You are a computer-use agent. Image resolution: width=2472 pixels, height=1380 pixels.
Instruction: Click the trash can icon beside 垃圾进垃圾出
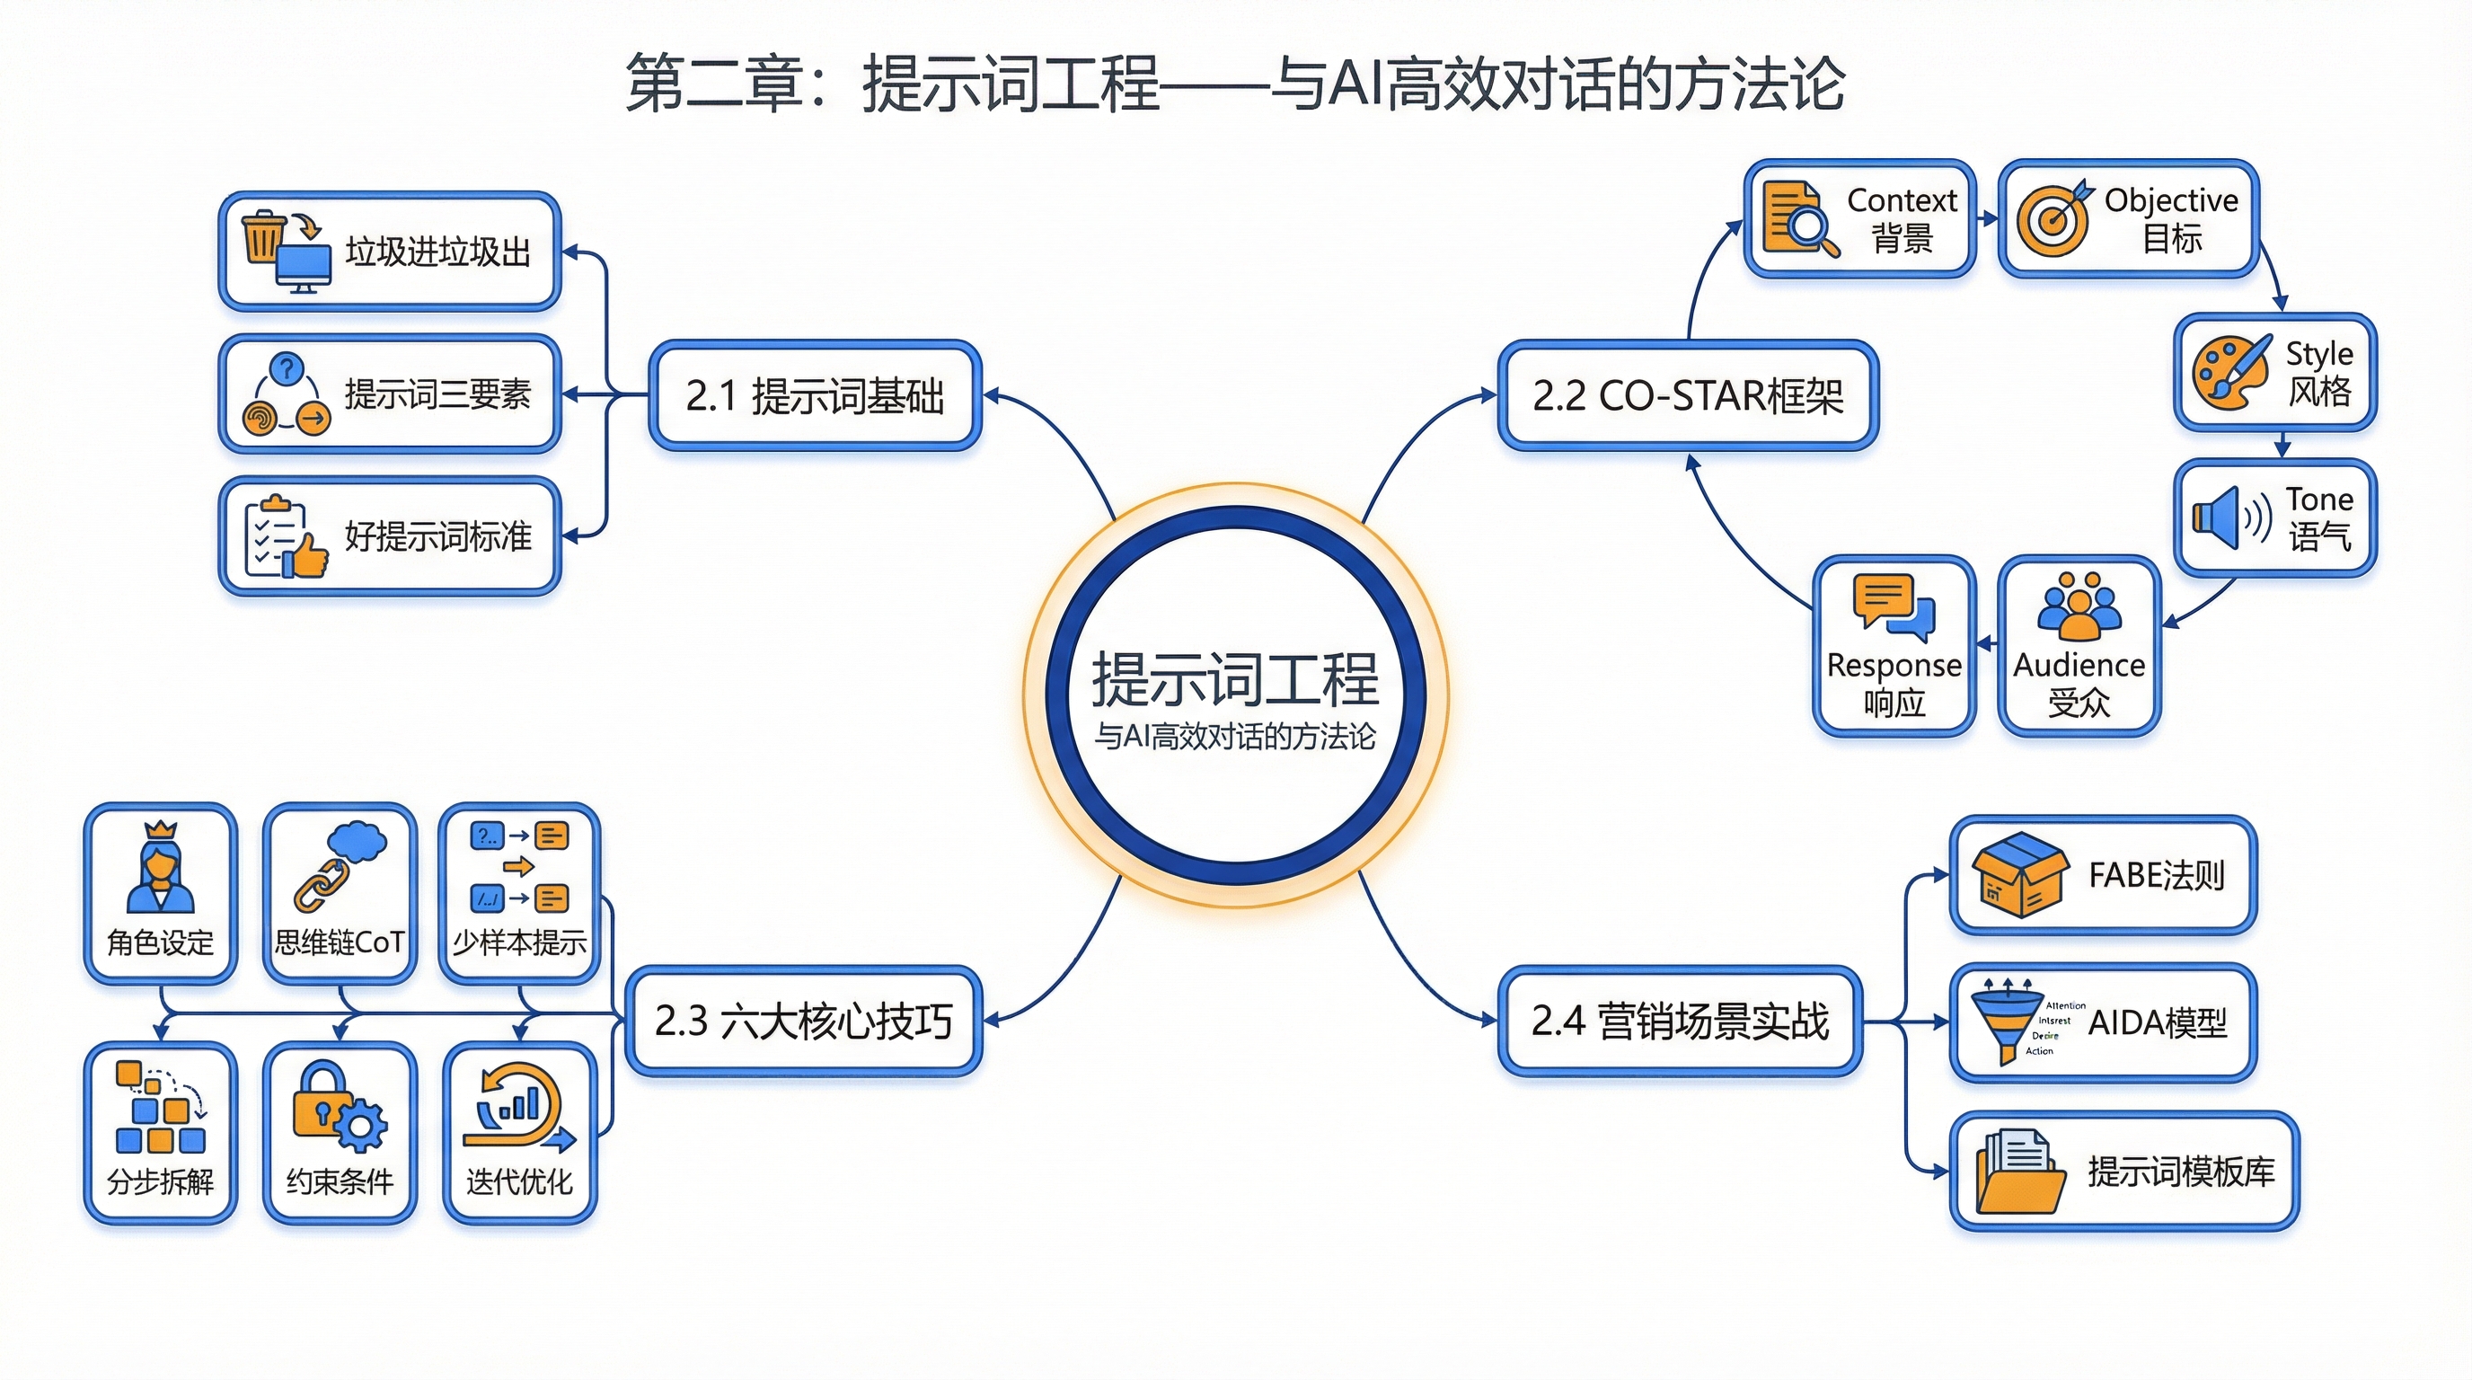(x=264, y=237)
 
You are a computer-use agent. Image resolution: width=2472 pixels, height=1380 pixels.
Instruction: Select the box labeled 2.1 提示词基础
(x=815, y=395)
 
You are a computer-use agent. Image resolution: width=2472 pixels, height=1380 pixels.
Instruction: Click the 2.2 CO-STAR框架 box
(x=1687, y=395)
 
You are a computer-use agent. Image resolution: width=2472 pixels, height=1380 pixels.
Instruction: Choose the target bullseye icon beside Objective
(x=2053, y=219)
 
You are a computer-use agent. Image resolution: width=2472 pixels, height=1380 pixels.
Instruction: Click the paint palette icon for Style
(x=2230, y=372)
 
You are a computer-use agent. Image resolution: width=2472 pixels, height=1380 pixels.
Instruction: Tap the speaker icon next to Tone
(x=2230, y=518)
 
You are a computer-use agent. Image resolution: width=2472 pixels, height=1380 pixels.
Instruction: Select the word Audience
(x=2079, y=665)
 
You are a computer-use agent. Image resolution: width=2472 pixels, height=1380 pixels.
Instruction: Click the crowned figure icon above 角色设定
(x=160, y=868)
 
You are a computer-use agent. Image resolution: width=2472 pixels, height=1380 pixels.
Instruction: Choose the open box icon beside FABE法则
(x=2019, y=875)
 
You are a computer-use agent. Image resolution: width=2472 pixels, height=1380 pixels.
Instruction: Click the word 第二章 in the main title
(x=714, y=84)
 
